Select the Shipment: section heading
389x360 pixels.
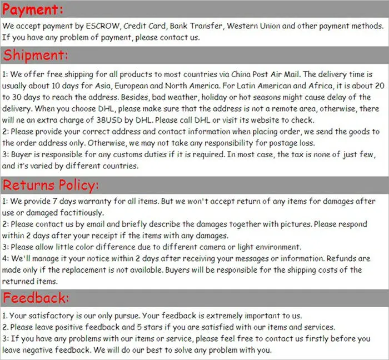(x=36, y=56)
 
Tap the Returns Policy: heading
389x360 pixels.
(x=51, y=186)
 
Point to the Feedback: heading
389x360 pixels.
(x=36, y=298)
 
